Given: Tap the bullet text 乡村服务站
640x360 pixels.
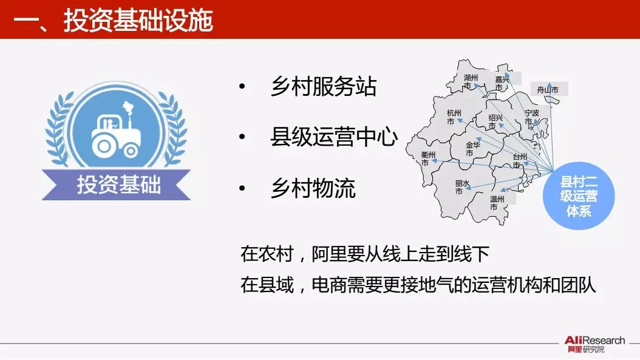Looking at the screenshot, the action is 323,87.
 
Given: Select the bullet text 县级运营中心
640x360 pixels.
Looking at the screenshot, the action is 334,137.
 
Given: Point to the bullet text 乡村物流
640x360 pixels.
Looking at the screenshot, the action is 313,188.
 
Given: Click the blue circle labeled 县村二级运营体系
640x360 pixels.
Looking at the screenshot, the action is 579,196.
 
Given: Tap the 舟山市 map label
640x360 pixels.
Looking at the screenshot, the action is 548,90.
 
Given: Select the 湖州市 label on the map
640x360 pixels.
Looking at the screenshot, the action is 470,81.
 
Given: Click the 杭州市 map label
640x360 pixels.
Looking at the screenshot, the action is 454,117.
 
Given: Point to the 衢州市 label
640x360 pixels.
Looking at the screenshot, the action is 428,159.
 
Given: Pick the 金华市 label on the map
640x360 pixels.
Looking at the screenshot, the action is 472,149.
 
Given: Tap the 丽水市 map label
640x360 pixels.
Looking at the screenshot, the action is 462,188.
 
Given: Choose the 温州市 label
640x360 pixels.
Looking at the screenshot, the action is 497,203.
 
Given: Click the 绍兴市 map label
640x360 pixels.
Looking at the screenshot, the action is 495,121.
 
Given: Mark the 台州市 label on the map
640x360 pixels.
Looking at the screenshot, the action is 520,160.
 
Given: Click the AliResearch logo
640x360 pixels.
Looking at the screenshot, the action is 594,344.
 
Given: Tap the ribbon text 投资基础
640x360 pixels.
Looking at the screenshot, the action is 119,185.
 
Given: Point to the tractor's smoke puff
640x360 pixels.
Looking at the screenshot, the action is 129,107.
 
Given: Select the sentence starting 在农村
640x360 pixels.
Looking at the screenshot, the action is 365,254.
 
